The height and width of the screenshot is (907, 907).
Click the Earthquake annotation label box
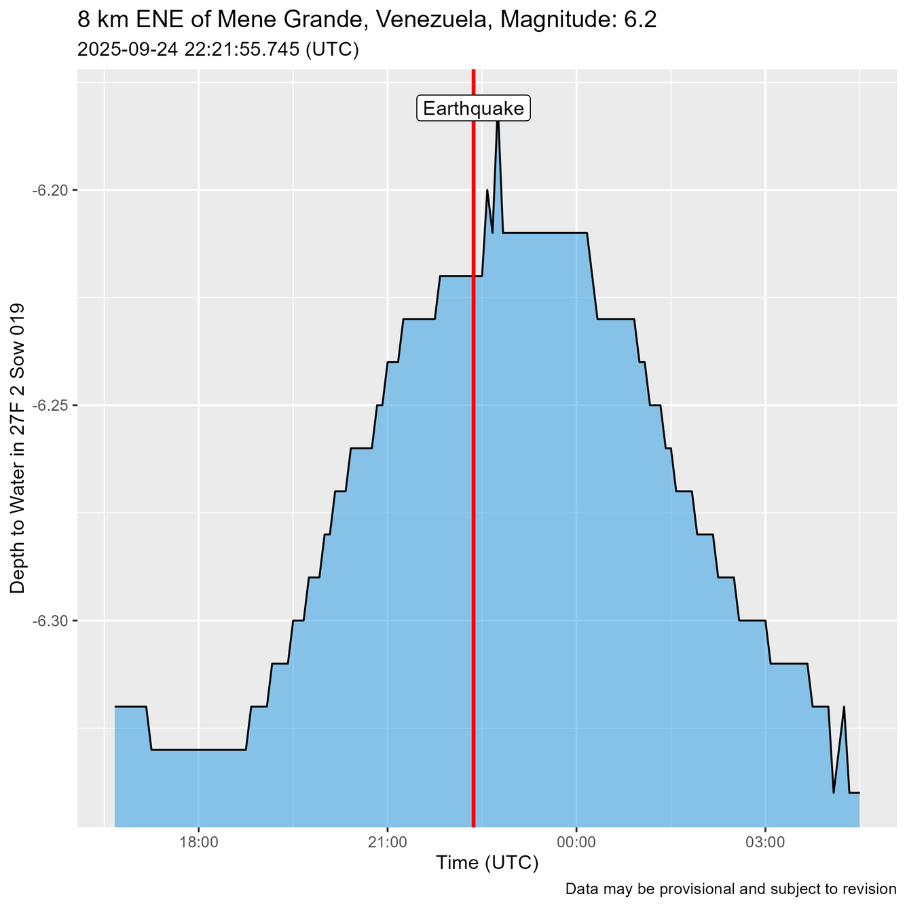click(x=473, y=109)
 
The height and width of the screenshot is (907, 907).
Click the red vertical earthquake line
click(x=473, y=475)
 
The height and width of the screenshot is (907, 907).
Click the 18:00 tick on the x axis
click(x=198, y=843)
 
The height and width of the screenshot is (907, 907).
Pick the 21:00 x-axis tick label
click(x=387, y=843)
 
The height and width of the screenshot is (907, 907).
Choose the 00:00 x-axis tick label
click(x=576, y=843)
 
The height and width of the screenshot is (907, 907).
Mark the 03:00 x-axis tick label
click(x=765, y=843)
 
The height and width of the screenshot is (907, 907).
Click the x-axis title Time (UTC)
click(x=487, y=864)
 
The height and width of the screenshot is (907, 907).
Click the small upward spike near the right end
click(x=844, y=707)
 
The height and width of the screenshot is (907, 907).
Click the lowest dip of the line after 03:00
click(x=834, y=792)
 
